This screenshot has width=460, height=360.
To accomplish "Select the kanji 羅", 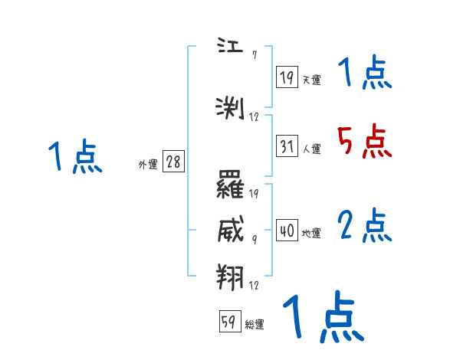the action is coord(231,185).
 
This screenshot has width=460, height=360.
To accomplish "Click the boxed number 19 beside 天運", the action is coord(287,77).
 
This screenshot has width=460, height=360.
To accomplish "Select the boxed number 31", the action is coord(287,146).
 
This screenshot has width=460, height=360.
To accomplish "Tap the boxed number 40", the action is coord(287,230).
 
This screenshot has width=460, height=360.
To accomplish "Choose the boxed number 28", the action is coord(173,162).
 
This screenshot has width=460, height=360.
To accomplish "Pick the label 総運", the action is coord(255,325).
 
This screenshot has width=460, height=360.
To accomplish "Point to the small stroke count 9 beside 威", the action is coord(254,238).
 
